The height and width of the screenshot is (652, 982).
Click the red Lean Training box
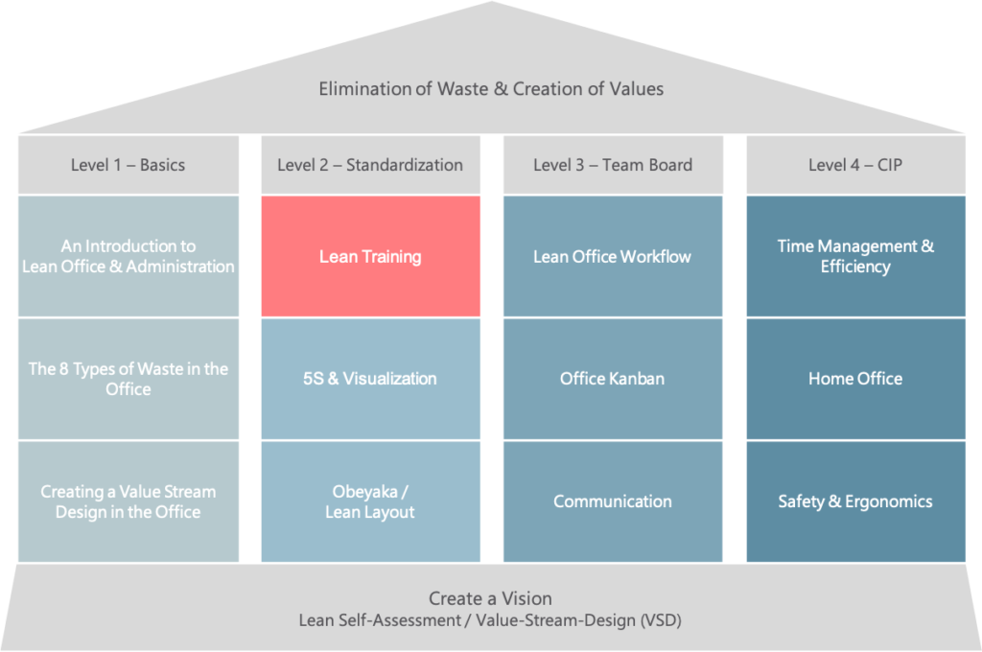pyautogui.click(x=371, y=256)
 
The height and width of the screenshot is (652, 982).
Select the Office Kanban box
pyautogui.click(x=613, y=379)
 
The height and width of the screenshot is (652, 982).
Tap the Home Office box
pyautogui.click(x=855, y=379)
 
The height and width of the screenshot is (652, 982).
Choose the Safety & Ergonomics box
pyautogui.click(x=855, y=501)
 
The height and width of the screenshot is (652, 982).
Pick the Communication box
pyautogui.click(x=613, y=501)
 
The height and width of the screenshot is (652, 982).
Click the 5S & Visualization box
pyautogui.click(x=371, y=379)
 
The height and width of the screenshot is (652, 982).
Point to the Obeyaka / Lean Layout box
pyautogui.click(x=371, y=501)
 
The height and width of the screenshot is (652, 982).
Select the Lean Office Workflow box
pyautogui.click(x=613, y=256)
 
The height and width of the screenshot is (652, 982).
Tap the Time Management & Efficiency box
pyautogui.click(x=855, y=256)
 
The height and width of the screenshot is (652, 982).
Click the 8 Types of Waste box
pyautogui.click(x=129, y=379)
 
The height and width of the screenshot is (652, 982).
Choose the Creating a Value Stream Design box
pyautogui.click(x=129, y=501)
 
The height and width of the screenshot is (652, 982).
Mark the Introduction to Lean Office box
pyautogui.click(x=129, y=256)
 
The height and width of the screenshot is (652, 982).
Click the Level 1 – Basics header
pyautogui.click(x=129, y=165)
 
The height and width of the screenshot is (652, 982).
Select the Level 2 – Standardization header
pyautogui.click(x=371, y=165)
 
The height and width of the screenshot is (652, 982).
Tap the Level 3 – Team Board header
pyautogui.click(x=613, y=165)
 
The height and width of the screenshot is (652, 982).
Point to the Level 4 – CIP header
pyautogui.click(x=855, y=165)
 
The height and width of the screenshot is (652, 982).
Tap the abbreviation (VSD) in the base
pyautogui.click(x=661, y=620)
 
